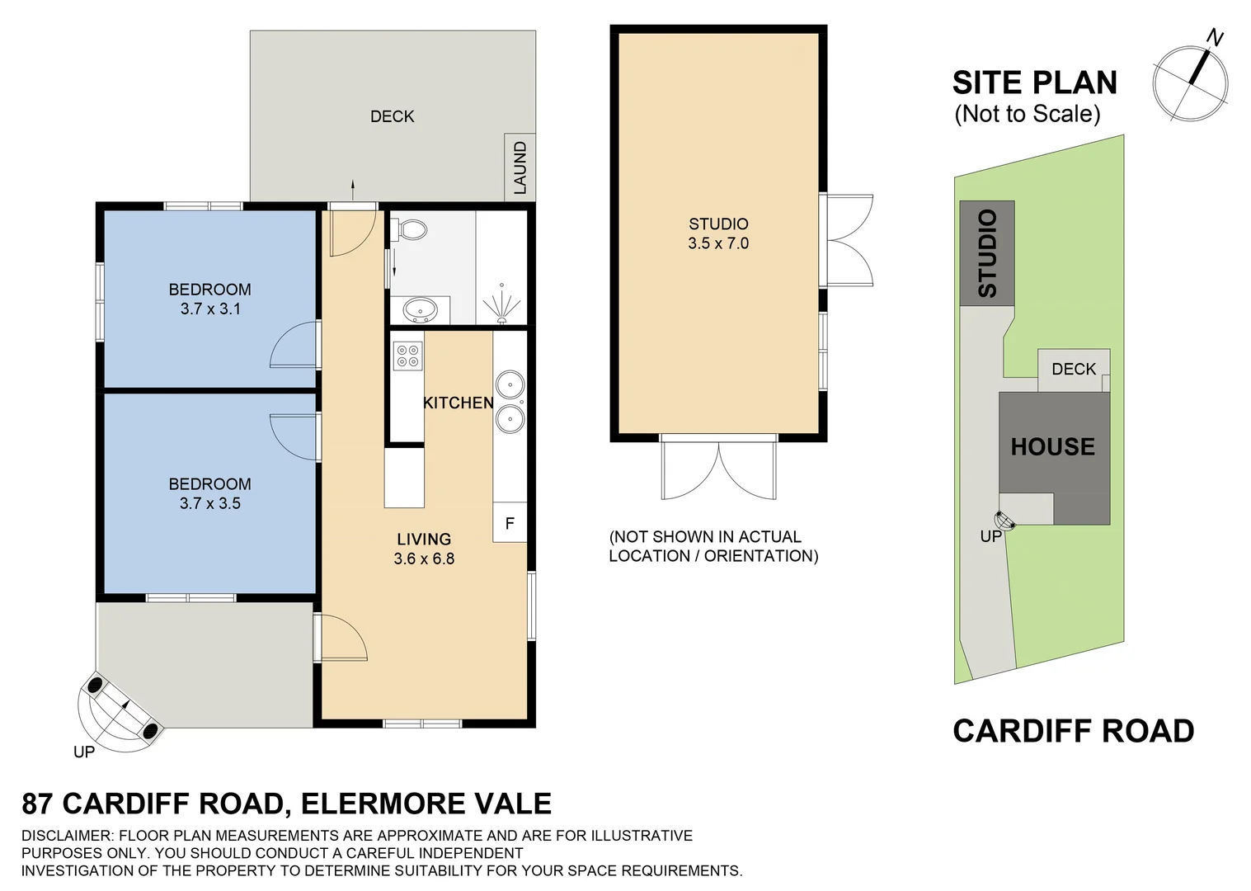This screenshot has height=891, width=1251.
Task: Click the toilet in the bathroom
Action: pyautogui.click(x=411, y=229)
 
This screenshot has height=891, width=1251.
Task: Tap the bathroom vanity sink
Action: pyautogui.click(x=420, y=310)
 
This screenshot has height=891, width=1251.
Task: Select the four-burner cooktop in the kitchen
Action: pyautogui.click(x=407, y=356)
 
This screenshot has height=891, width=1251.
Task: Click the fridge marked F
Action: pyautogui.click(x=510, y=523)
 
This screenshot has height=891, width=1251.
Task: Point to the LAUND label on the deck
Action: pyautogui.click(x=520, y=167)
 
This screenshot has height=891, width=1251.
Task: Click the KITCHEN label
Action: pyautogui.click(x=459, y=403)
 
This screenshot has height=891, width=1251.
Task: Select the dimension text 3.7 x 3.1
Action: pyautogui.click(x=210, y=309)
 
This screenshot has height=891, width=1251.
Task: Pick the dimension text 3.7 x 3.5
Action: pyautogui.click(x=210, y=504)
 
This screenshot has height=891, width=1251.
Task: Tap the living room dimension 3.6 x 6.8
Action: pyautogui.click(x=424, y=559)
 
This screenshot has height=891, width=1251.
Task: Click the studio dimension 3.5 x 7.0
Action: pyautogui.click(x=718, y=243)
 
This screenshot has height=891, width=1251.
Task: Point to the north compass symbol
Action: pyautogui.click(x=1191, y=81)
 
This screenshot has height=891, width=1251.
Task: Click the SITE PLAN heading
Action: pyautogui.click(x=1034, y=83)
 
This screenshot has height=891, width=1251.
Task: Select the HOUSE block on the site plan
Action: pyautogui.click(x=1053, y=446)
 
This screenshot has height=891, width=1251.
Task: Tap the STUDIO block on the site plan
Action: pyautogui.click(x=987, y=253)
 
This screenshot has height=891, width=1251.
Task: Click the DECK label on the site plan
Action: pyautogui.click(x=1073, y=369)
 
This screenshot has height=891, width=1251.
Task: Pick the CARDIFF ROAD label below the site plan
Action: pyautogui.click(x=1073, y=731)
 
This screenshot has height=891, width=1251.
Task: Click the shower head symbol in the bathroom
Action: pyautogui.click(x=501, y=306)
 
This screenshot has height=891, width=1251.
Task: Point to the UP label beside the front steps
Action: pyautogui.click(x=84, y=752)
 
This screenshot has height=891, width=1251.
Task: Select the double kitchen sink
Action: pyautogui.click(x=510, y=402)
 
